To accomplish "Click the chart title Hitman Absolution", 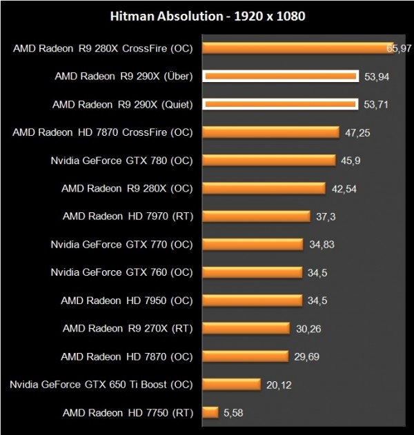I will pyautogui.click(x=206, y=14).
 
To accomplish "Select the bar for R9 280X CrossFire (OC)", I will pyautogui.click(x=297, y=48).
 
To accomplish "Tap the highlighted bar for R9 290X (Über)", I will pyautogui.click(x=280, y=77).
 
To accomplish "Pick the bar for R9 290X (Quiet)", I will pyautogui.click(x=280, y=104).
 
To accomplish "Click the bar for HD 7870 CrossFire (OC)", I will pyautogui.click(x=270, y=132).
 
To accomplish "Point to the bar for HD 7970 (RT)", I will pyautogui.click(x=255, y=216).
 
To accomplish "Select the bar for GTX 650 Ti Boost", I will pyautogui.click(x=231, y=385).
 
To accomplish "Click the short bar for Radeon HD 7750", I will pyautogui.click(x=210, y=412).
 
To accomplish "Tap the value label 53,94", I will pyautogui.click(x=377, y=77).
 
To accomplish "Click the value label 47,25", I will pyautogui.click(x=358, y=132).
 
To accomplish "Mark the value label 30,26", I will pyautogui.click(x=309, y=328).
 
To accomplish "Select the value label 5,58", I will pyautogui.click(x=233, y=412).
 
